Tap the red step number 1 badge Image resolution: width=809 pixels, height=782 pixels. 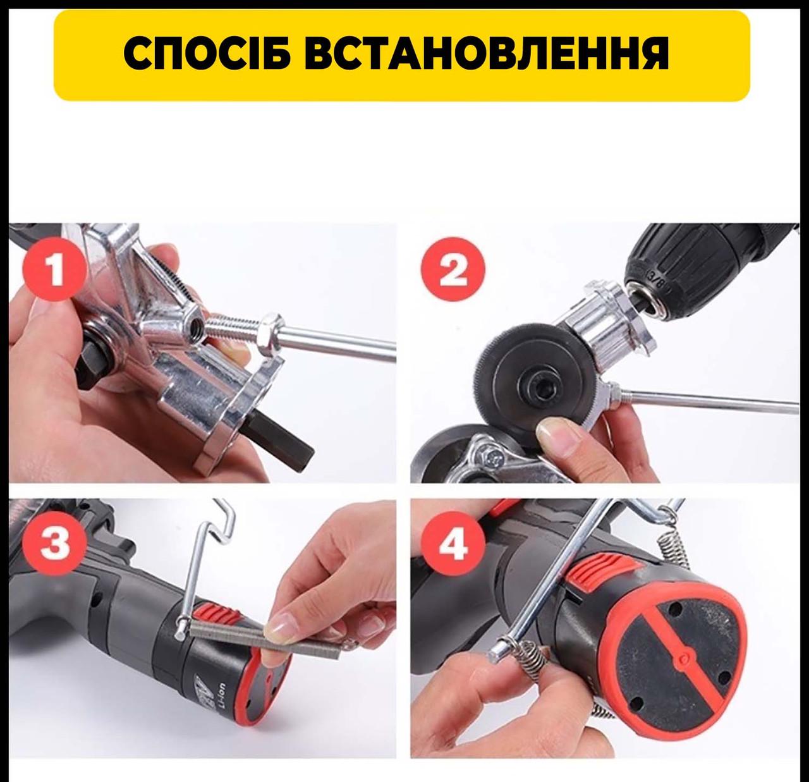(55, 270)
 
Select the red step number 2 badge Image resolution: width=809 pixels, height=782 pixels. (453, 271)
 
